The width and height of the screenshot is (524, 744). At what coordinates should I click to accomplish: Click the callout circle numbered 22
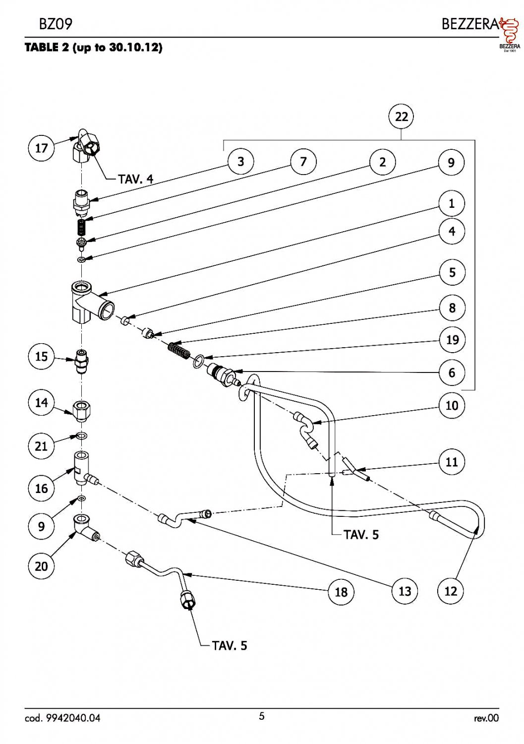pos(401,117)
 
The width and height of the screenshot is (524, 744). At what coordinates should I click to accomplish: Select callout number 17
pos(41,148)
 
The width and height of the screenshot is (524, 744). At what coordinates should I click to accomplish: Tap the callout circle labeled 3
pos(240,162)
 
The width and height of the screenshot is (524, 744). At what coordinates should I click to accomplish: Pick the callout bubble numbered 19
pos(452,340)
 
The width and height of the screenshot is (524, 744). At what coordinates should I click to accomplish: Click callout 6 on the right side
pos(452,372)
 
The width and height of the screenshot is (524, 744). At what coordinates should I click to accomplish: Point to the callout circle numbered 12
pos(450,591)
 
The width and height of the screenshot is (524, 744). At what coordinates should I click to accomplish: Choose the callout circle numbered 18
pos(341,592)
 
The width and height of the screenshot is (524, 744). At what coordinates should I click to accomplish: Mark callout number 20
pos(41,566)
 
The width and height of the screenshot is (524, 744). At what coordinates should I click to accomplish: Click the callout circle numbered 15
pos(41,357)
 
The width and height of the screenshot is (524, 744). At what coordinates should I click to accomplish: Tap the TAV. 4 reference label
pos(136,179)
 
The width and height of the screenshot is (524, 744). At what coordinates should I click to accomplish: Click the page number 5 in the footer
pos(262,716)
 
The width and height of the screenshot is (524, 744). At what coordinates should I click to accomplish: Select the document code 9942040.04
pos(62,718)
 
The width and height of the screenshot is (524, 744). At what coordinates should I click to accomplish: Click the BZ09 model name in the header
pos(52,24)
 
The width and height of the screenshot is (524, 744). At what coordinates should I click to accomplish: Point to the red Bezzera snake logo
pos(508,32)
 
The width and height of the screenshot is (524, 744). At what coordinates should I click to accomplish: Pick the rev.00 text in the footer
pos(486,718)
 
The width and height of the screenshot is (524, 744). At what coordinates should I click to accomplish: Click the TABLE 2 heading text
pos(93,48)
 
